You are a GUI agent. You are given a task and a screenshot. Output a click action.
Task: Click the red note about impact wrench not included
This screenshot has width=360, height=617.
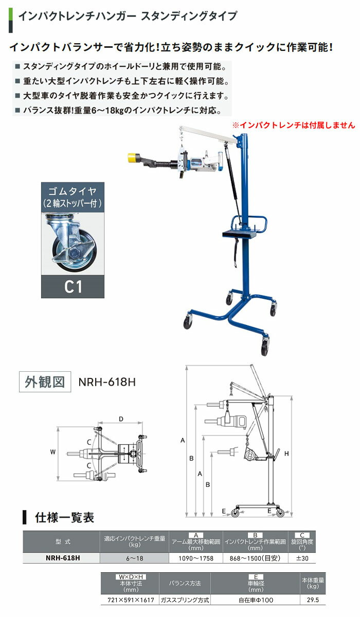[x=294, y=125]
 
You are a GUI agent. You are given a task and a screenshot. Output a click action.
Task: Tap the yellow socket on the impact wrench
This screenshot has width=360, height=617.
[x=133, y=158]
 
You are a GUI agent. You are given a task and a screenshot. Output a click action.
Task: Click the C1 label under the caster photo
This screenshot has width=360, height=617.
[x=73, y=287]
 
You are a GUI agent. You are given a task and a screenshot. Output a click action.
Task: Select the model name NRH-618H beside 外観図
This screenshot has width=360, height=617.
[x=107, y=382]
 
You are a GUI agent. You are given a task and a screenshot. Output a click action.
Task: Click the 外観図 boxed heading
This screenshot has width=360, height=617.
[x=45, y=382]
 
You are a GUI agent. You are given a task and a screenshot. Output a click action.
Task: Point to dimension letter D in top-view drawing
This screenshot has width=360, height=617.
[x=121, y=419]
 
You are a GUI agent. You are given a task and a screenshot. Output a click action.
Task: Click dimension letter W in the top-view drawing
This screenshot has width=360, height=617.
[x=52, y=452]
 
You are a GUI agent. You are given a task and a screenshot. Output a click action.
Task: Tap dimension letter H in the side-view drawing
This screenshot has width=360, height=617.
[x=286, y=453]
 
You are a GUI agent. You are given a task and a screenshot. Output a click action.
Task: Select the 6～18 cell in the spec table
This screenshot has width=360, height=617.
[x=134, y=558]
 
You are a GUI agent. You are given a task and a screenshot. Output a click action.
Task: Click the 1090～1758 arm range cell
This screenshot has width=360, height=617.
[x=196, y=558]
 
